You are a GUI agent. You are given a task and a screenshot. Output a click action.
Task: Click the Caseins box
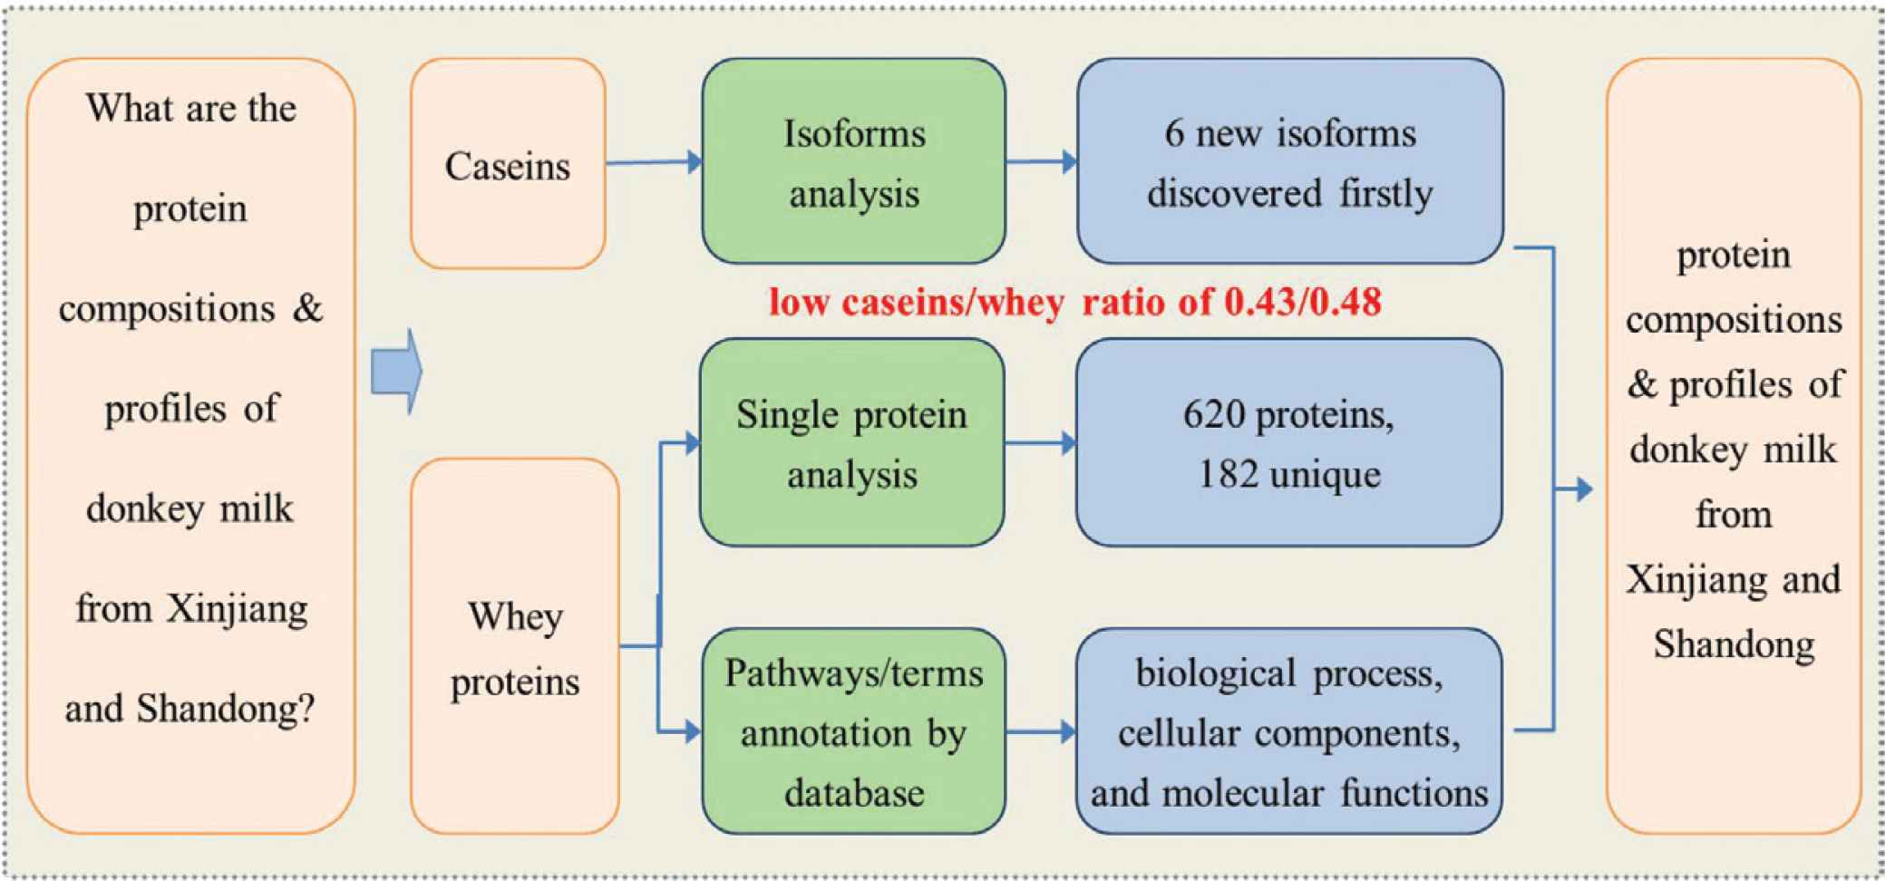click(x=508, y=164)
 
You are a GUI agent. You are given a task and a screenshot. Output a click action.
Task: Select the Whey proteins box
click(x=515, y=645)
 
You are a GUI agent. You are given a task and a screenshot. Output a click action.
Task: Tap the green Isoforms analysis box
click(x=853, y=161)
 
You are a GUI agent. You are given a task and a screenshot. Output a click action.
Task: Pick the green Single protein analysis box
click(x=851, y=442)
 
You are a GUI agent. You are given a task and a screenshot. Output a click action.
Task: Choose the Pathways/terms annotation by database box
click(x=853, y=731)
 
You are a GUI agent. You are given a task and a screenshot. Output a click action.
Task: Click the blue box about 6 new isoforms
click(x=1290, y=161)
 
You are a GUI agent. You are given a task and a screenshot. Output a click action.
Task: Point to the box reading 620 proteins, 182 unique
click(x=1289, y=442)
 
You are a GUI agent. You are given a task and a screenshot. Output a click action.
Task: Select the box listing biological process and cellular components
click(x=1289, y=731)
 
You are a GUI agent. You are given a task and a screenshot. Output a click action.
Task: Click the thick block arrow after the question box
click(x=397, y=372)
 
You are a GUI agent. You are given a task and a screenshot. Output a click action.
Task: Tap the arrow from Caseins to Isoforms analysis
click(x=654, y=162)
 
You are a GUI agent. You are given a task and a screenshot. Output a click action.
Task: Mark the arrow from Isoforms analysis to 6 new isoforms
click(x=1042, y=162)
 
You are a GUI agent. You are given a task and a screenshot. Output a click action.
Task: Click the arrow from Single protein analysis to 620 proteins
click(x=1041, y=443)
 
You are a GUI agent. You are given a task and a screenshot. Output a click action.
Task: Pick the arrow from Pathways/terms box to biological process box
click(x=1041, y=731)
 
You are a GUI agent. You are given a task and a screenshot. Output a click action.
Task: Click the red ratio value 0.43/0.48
click(x=1303, y=302)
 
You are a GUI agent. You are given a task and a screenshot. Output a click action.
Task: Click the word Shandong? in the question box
click(x=226, y=709)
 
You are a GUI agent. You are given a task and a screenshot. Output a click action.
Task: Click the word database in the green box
click(x=854, y=793)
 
